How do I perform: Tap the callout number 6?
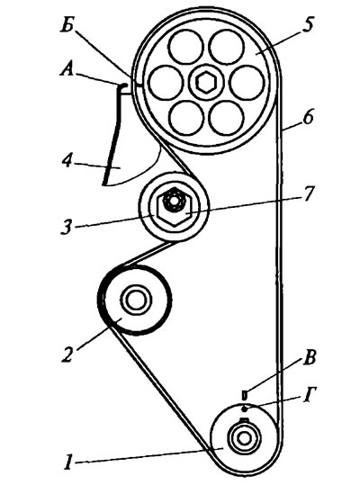[x=308, y=117]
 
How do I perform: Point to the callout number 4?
[x=67, y=161]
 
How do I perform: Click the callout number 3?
[x=67, y=227]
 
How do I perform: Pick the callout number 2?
[x=67, y=355]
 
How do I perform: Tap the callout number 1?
[x=68, y=463]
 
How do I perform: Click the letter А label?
[x=67, y=69]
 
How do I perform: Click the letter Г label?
[x=309, y=395]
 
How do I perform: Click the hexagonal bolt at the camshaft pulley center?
[x=206, y=83]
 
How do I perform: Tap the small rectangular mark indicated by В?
[x=244, y=394]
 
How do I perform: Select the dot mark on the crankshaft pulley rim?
[x=244, y=409]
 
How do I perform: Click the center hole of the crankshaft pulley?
[x=244, y=438]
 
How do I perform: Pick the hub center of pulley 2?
[x=136, y=300]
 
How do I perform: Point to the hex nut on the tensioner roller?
[x=175, y=207]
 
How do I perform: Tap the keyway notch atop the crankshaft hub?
[x=244, y=419]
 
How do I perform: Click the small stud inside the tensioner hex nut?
[x=174, y=201]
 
